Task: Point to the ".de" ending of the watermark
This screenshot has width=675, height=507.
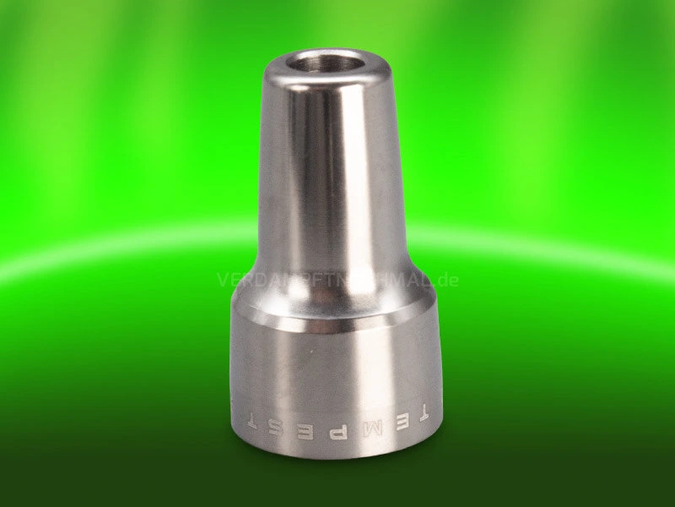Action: [x=446, y=280]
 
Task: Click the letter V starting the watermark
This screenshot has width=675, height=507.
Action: [x=224, y=280]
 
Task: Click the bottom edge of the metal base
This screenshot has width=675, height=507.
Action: [x=332, y=457]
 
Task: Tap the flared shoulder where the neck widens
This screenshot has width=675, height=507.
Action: [x=332, y=287]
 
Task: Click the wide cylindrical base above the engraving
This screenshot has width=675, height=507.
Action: [x=332, y=372]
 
